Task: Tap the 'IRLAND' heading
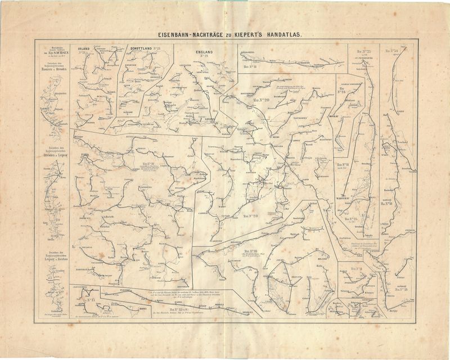[84, 49]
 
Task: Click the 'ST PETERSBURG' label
[361, 57]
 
